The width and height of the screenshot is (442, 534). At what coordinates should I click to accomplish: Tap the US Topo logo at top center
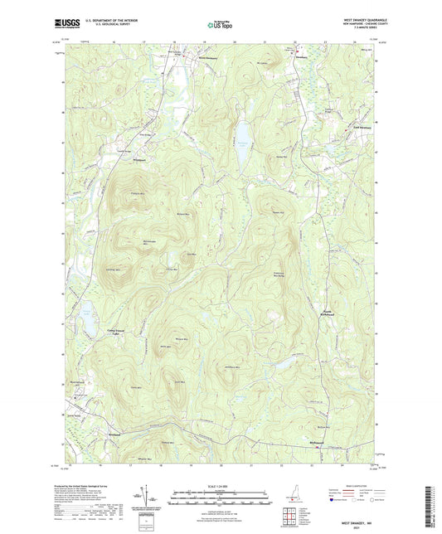click(220, 25)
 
